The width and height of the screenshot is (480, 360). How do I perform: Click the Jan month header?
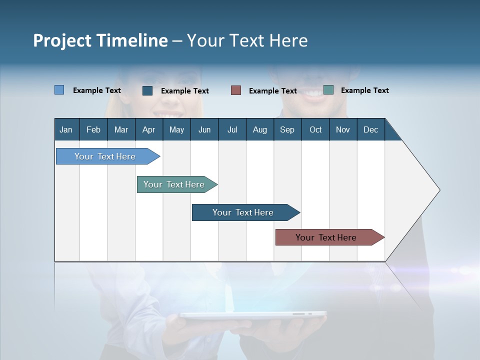[66, 129]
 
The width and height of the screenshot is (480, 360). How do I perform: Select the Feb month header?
[93, 129]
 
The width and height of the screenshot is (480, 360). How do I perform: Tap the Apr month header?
[148, 129]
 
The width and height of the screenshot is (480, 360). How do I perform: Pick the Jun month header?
[204, 129]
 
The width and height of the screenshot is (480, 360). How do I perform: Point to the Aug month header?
[259, 129]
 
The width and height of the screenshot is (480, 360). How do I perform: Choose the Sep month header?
[287, 129]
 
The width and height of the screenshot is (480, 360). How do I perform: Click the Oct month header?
[315, 129]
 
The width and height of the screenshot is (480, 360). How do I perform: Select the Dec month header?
[370, 129]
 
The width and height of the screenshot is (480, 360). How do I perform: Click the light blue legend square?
[59, 90]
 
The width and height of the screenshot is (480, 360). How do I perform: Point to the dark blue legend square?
[147, 90]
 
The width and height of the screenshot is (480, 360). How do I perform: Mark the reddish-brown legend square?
[236, 90]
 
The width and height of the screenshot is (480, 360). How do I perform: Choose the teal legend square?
[328, 90]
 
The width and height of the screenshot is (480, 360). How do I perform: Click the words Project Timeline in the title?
[100, 40]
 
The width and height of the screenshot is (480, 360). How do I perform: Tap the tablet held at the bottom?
[253, 315]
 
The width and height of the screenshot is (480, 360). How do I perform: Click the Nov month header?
[342, 129]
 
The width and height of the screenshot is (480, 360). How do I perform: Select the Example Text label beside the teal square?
[364, 90]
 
